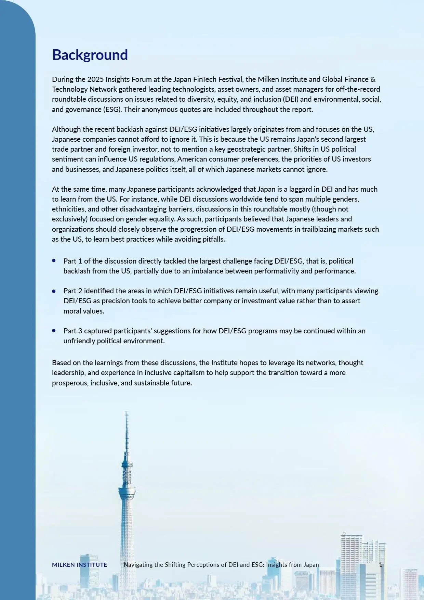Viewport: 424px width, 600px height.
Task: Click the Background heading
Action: coord(90,55)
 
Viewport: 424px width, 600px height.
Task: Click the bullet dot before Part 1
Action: coord(54,261)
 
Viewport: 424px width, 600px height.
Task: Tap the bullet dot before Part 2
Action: coord(54,291)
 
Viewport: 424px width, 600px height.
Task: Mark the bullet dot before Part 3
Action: coord(54,331)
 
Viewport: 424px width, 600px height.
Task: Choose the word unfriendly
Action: coord(80,341)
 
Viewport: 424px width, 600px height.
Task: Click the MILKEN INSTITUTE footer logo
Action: coord(79,565)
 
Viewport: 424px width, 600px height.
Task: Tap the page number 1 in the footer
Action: coord(381,565)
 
